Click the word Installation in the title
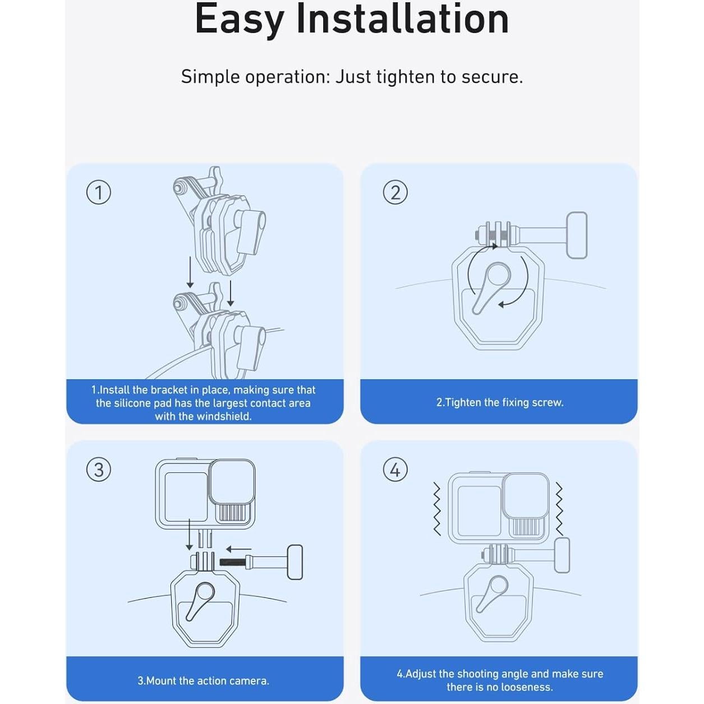click(402, 19)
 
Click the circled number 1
click(99, 192)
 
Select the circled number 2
click(395, 192)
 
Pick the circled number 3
click(99, 470)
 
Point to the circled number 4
click(395, 470)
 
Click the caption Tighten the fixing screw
click(500, 402)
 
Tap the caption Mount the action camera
click(203, 680)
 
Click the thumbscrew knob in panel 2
click(577, 235)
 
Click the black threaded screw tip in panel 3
click(232, 562)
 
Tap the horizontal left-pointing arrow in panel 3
click(238, 549)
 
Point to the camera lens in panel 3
click(232, 482)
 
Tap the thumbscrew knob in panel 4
click(562, 555)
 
